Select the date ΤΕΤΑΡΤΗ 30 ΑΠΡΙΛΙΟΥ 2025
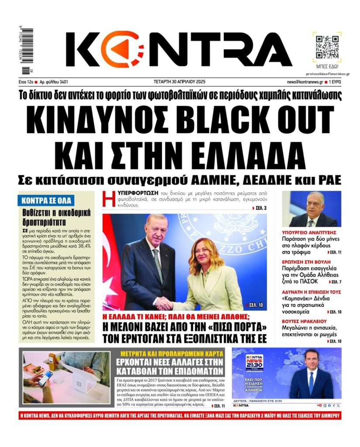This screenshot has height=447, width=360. (x=180, y=82)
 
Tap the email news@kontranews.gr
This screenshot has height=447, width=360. (x=305, y=82)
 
